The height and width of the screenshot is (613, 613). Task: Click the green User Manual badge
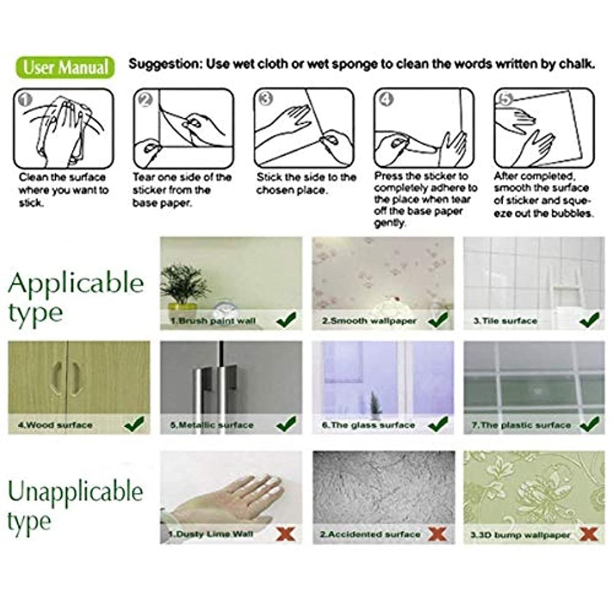click(66, 67)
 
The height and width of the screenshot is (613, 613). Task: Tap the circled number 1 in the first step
click(25, 100)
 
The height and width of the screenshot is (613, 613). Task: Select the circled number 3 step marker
click(265, 99)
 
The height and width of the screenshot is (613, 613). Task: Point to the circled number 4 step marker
click(386, 99)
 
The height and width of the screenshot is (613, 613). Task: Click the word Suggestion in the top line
click(164, 64)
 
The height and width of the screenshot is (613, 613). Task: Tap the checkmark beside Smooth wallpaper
click(438, 320)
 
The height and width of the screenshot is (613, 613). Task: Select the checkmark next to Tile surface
click(590, 320)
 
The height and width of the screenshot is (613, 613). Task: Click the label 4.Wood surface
click(55, 425)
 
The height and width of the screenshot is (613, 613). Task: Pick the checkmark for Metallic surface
click(286, 424)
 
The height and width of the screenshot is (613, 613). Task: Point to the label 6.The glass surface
click(368, 425)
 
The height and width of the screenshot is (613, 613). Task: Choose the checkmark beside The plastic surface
click(590, 424)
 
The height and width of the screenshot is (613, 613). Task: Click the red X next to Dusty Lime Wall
click(286, 534)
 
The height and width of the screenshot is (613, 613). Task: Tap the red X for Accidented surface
click(437, 534)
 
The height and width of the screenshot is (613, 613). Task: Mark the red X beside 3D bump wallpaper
click(588, 534)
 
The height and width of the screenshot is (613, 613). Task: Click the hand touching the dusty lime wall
click(223, 500)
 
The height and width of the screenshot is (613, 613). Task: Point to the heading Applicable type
click(76, 297)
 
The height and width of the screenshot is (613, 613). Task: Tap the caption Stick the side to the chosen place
click(306, 184)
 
